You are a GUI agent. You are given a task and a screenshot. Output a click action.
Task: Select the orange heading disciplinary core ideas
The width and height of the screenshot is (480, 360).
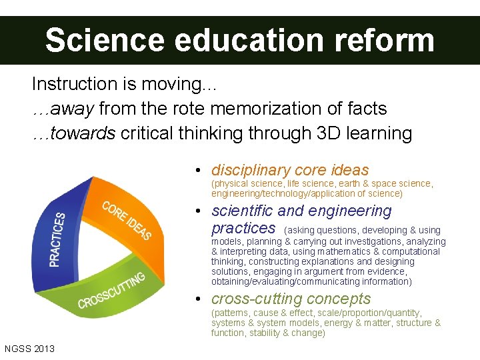(x=290, y=170)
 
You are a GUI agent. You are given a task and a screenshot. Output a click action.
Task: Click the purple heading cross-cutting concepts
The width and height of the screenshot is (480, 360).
(x=291, y=299)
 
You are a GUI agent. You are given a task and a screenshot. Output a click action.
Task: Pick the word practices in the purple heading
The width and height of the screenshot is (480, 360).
(x=243, y=228)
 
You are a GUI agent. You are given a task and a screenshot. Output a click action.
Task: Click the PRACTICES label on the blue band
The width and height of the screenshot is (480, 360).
(x=59, y=239)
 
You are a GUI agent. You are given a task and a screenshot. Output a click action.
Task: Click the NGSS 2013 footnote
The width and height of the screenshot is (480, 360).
(x=29, y=349)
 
